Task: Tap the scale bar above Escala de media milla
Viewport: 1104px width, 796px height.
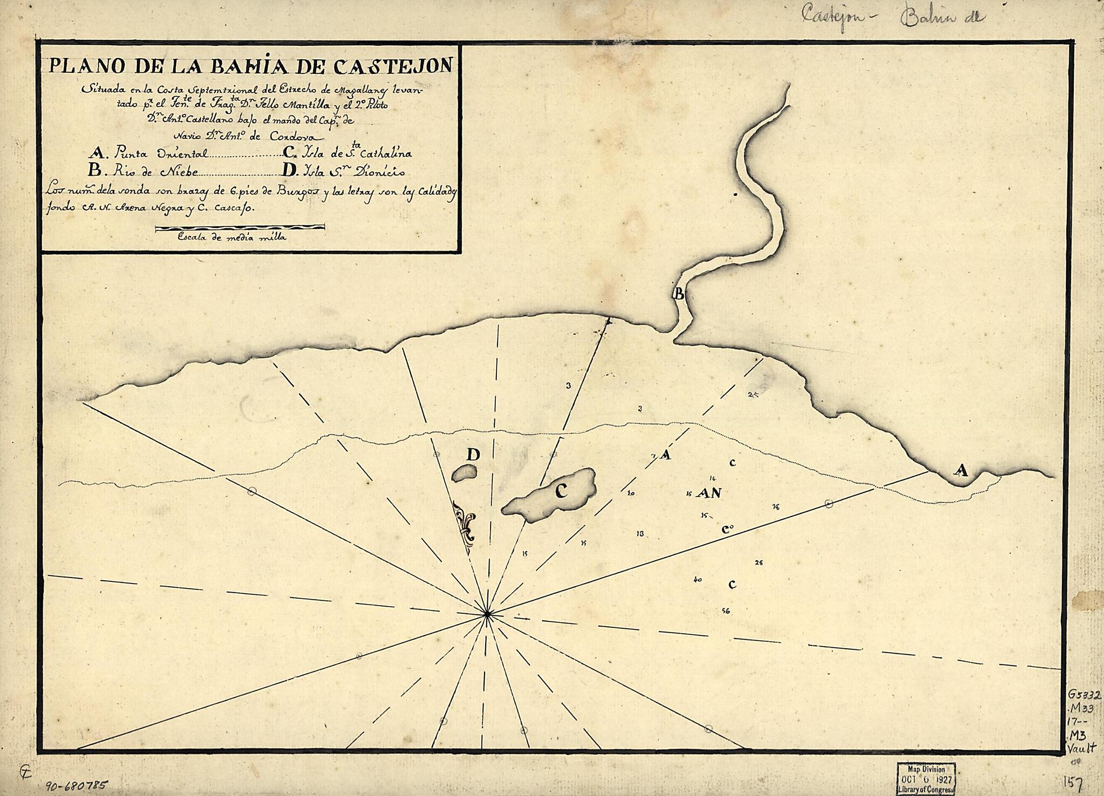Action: (x=240, y=228)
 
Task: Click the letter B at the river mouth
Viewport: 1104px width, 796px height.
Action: (x=679, y=294)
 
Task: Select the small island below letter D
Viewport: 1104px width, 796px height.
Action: (x=464, y=473)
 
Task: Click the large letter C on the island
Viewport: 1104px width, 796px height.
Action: (x=561, y=491)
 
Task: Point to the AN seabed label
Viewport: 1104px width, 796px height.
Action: (x=709, y=492)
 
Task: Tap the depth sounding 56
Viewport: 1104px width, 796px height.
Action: (x=726, y=611)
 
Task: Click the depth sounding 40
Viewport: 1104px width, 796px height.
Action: (x=698, y=580)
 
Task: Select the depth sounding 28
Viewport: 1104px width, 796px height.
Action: (x=759, y=562)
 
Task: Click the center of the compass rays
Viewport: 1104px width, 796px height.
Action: (x=487, y=614)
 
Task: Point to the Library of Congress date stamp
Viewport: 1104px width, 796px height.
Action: (x=926, y=777)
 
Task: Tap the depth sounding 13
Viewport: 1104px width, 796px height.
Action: (x=640, y=534)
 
